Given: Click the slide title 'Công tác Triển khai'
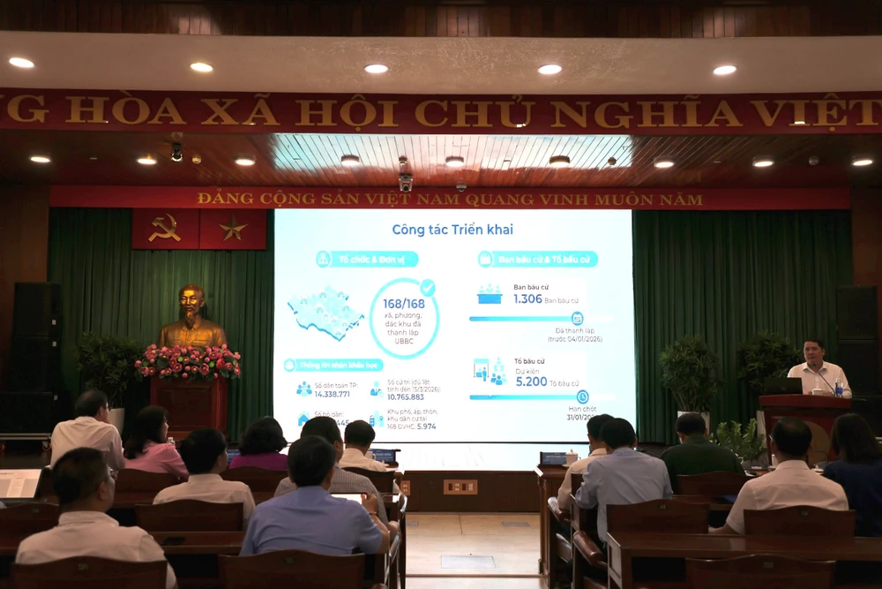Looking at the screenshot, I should coord(452,230).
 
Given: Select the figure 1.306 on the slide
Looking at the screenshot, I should coord(527,299).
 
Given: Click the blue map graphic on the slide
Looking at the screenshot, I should coord(325,312).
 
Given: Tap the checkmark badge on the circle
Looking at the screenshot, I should coord(428,287).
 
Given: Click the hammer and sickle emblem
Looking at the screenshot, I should coord(165,228).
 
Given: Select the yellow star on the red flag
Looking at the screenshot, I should coord(233,229).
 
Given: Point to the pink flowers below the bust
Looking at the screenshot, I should coord(188,361).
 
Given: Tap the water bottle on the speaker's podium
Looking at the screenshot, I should coord(838,387).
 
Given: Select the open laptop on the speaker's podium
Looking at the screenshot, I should coord(783,386).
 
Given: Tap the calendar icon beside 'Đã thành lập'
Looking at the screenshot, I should coord(577,318).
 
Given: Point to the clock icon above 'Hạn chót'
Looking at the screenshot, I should coord(582,396).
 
